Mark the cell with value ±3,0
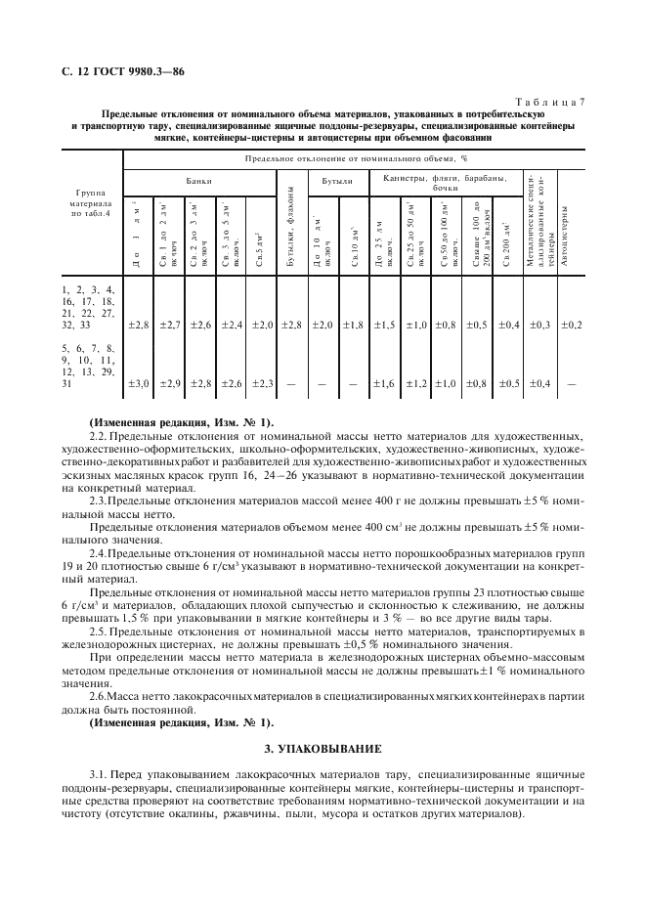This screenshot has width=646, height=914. [x=138, y=383]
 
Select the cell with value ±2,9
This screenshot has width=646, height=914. [x=169, y=383]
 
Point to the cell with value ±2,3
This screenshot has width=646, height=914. [x=261, y=383]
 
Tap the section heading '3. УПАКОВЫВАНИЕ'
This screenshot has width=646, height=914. [x=323, y=748]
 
